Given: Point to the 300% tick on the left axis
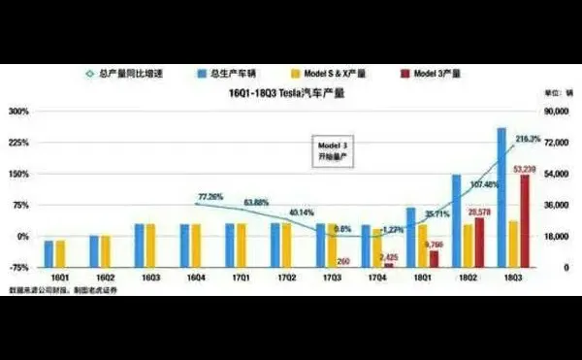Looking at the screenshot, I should (20, 112).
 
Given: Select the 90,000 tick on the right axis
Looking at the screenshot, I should (554, 112).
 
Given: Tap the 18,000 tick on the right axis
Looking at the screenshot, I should (554, 236).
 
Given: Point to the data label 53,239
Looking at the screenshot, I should (524, 169).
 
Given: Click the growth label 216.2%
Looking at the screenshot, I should (528, 140).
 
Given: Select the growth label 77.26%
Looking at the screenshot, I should (210, 196).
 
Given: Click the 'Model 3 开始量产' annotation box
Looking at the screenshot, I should (328, 149).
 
